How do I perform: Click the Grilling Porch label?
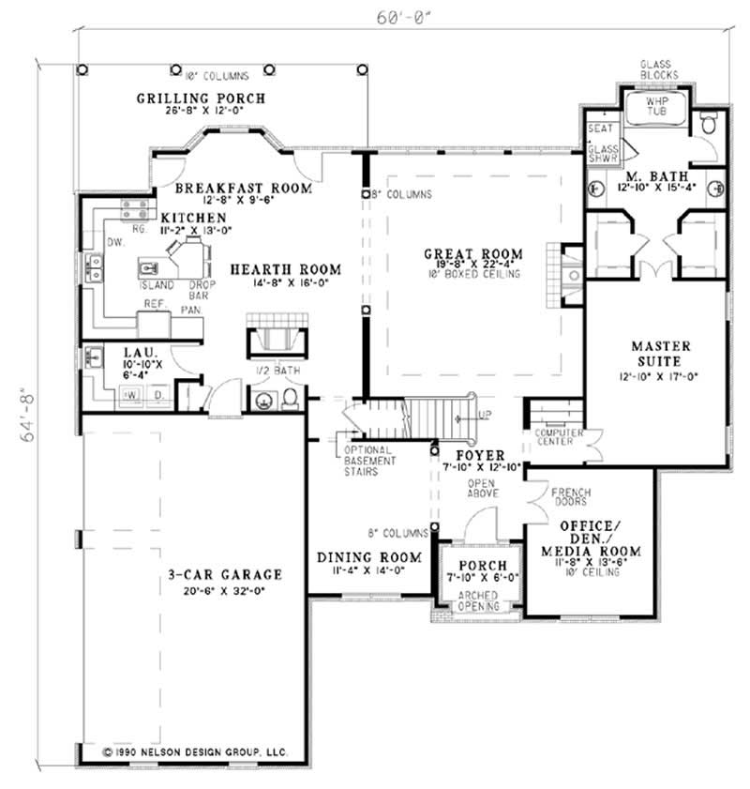pyautogui.click(x=201, y=98)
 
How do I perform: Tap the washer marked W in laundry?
pyautogui.click(x=130, y=397)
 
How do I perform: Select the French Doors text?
pyautogui.click(x=570, y=496)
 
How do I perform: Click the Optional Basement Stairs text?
pyautogui.click(x=368, y=461)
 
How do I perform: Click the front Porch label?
pyautogui.click(x=477, y=566)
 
